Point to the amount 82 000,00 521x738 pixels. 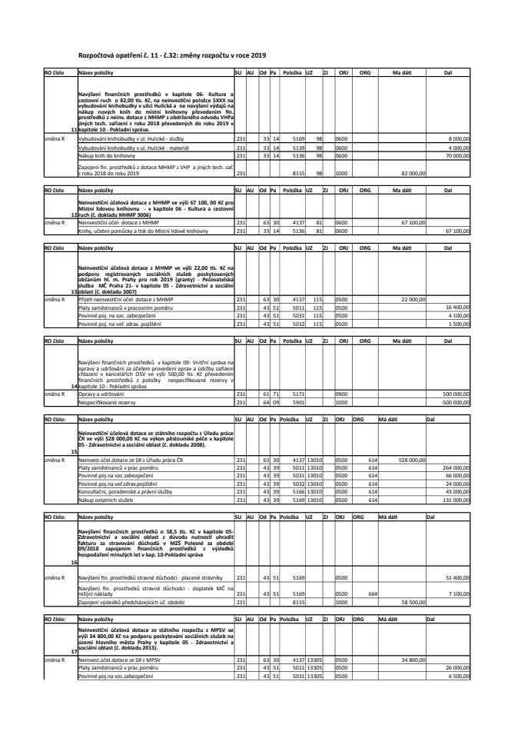click(x=413, y=174)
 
